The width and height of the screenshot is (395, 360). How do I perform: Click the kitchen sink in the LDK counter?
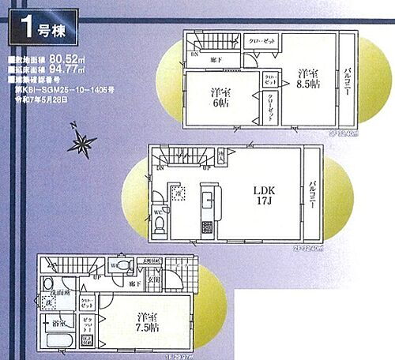[x=207, y=197]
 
